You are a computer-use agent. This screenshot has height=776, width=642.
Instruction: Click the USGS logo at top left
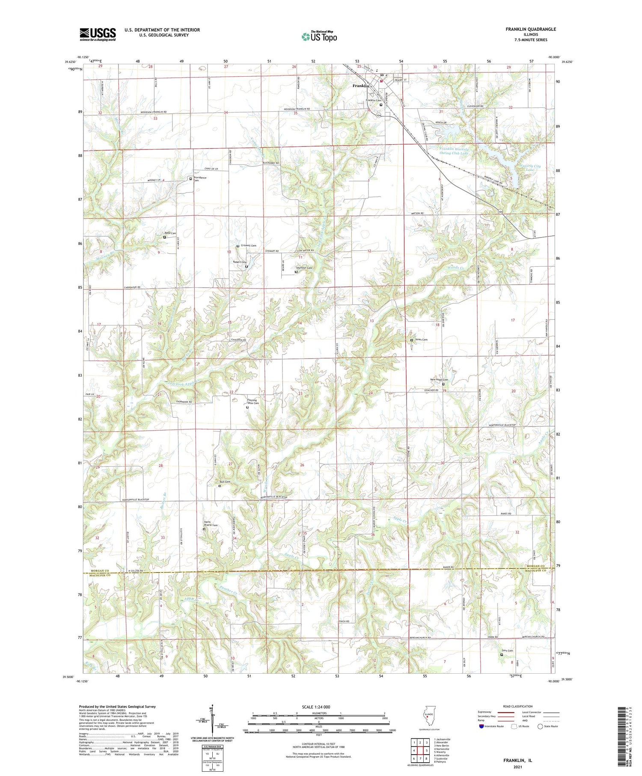tap(98, 34)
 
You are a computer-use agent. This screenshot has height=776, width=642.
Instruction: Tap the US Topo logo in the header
tap(319, 37)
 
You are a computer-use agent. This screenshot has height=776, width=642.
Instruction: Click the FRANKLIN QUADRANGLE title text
tap(530, 29)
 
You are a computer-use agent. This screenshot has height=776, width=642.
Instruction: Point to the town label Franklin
tap(360, 86)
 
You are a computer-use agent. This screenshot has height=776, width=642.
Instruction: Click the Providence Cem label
tap(199, 179)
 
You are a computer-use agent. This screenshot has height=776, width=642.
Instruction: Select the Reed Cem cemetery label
tap(170, 233)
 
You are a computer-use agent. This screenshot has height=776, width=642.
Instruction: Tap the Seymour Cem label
tap(304, 268)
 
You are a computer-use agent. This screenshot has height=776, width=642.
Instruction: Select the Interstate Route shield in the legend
tap(481, 726)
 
